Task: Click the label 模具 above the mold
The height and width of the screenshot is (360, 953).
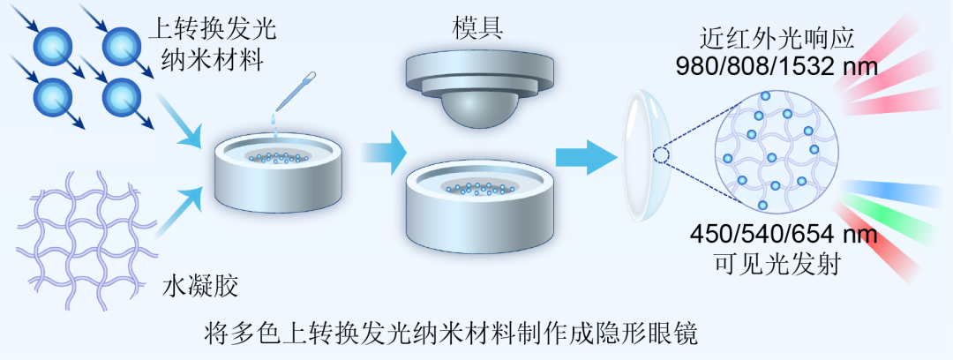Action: click(x=481, y=27)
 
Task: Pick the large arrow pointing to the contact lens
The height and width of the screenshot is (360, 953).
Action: click(x=585, y=158)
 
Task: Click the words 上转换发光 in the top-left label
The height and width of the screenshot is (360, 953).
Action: click(x=209, y=28)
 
